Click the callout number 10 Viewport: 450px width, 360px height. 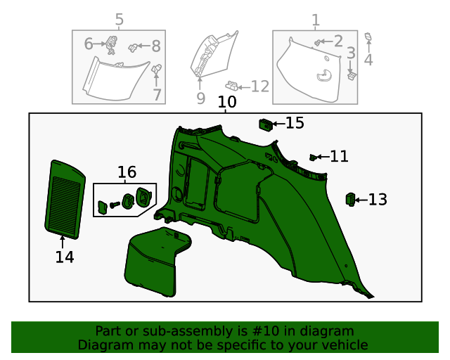[226, 103]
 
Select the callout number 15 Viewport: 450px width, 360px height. [295, 124]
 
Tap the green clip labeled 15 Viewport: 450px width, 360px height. [266, 124]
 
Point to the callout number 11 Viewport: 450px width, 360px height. [339, 157]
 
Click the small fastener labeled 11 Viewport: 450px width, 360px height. [314, 156]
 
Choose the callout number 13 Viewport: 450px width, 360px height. [378, 200]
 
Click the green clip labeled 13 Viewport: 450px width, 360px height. [349, 200]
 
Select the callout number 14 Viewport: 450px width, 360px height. [64, 258]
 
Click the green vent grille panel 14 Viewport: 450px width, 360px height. [64, 197]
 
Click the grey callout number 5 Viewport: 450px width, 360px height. [119, 20]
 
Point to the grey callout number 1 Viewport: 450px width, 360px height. [315, 20]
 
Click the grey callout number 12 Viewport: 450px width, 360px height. [259, 86]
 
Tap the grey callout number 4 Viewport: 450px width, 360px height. [368, 60]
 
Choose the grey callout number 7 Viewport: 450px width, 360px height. [157, 94]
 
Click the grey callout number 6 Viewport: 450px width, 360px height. [89, 44]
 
